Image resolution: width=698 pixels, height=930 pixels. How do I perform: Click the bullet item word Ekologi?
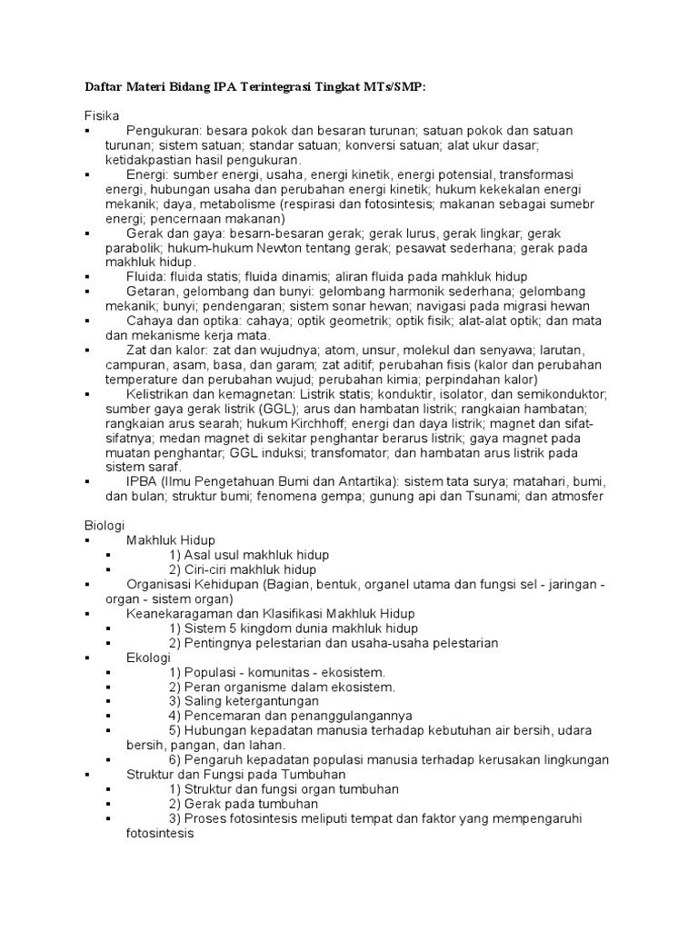tap(148, 657)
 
